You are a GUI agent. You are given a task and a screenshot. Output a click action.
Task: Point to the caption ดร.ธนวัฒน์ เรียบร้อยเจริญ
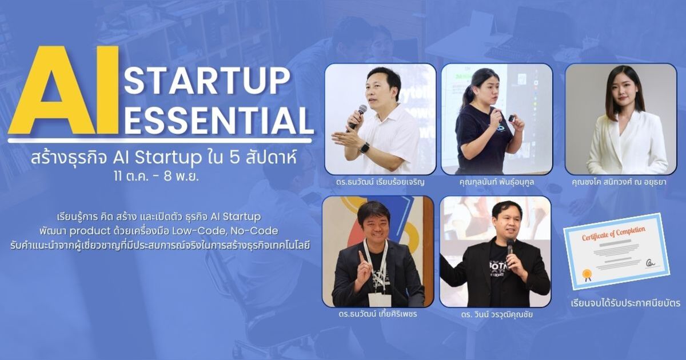381,183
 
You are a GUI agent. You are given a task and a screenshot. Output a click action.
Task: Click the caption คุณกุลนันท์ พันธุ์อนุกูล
496,183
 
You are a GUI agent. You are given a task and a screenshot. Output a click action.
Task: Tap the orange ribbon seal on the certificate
586,276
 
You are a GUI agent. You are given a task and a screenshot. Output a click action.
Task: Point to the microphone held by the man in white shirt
359,114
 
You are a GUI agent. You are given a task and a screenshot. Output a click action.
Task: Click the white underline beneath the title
160,139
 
